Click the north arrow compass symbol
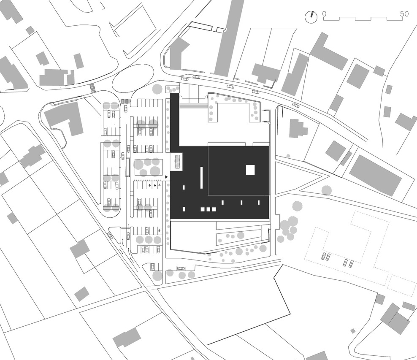tap(311, 17)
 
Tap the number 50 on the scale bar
tap(404, 14)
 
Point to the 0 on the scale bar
tap(325, 14)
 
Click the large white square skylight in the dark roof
tap(250, 170)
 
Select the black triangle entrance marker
tap(167, 177)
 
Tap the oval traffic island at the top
tap(133, 78)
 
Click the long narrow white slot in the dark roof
tap(202, 177)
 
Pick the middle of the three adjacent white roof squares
tap(208, 209)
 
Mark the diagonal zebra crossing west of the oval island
tap(92, 88)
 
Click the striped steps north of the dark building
tap(193, 106)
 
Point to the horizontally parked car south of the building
tap(181, 268)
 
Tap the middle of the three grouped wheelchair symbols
tap(154, 185)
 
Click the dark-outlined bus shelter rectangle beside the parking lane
tap(128, 167)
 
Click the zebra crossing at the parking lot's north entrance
tap(125, 101)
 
